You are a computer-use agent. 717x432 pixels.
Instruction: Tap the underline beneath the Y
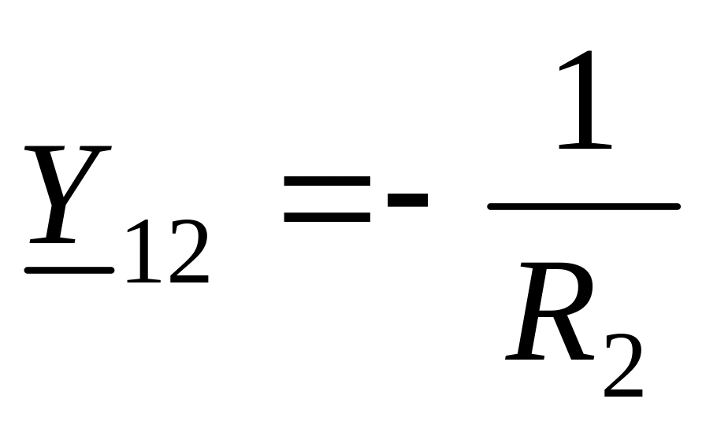click(x=69, y=271)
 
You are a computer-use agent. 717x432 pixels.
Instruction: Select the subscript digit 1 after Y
click(x=144, y=251)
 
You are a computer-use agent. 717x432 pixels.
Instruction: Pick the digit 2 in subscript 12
click(x=189, y=251)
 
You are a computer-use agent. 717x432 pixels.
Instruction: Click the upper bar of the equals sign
click(x=327, y=181)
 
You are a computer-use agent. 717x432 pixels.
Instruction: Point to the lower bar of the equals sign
click(x=327, y=217)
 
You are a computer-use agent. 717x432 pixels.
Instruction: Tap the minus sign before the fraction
click(x=407, y=200)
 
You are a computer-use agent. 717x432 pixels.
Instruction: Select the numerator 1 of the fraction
click(x=585, y=100)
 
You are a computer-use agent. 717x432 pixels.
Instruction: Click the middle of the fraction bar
click(x=584, y=206)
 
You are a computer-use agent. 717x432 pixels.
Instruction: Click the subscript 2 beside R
click(x=623, y=365)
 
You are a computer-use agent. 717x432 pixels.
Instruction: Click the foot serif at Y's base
click(x=52, y=240)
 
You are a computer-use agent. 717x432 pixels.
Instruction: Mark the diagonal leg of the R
click(x=570, y=336)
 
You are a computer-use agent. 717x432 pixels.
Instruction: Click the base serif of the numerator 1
click(x=585, y=146)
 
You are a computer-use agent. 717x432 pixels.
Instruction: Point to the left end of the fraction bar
click(x=490, y=206)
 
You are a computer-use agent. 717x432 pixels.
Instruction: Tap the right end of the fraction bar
click(x=678, y=206)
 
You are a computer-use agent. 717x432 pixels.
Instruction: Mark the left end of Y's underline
click(x=27, y=271)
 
